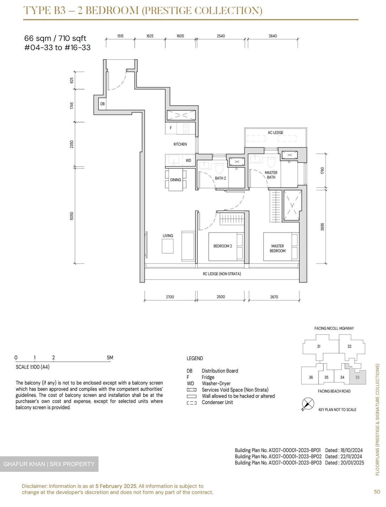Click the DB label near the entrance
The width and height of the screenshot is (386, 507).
point(102,104)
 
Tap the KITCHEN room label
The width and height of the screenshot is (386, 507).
point(180,144)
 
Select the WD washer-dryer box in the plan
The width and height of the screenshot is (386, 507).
point(188,161)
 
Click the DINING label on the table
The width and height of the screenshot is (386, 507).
point(176,180)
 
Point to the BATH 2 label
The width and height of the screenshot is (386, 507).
point(220,178)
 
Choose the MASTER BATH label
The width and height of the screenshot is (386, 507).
point(271,175)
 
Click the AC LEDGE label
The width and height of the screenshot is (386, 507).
point(275,133)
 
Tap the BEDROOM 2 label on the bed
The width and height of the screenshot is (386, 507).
point(222,246)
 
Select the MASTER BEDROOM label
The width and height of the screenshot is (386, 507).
point(277,249)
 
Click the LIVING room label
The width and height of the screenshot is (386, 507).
point(168,236)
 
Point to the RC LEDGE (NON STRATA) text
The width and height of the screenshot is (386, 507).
point(222,274)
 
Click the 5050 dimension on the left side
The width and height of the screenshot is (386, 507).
point(72,216)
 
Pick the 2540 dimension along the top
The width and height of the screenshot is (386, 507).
point(221,36)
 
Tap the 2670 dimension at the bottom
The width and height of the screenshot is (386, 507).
point(274,297)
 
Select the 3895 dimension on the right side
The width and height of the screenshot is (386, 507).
point(322,227)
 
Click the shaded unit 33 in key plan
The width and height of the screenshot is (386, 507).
point(357,377)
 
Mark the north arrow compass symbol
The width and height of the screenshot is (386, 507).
point(308,404)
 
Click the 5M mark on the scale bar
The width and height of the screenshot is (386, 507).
point(110,358)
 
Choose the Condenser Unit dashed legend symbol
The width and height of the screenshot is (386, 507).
point(191,403)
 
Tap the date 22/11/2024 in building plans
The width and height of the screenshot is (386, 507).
point(352,457)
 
